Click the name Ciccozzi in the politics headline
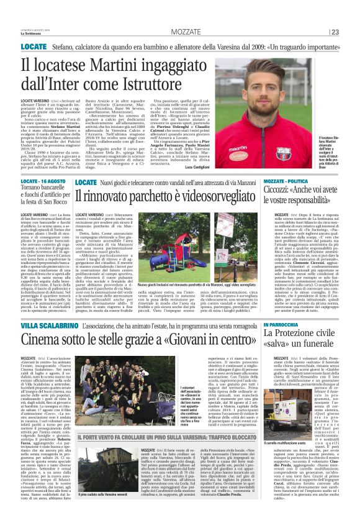(284, 189)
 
